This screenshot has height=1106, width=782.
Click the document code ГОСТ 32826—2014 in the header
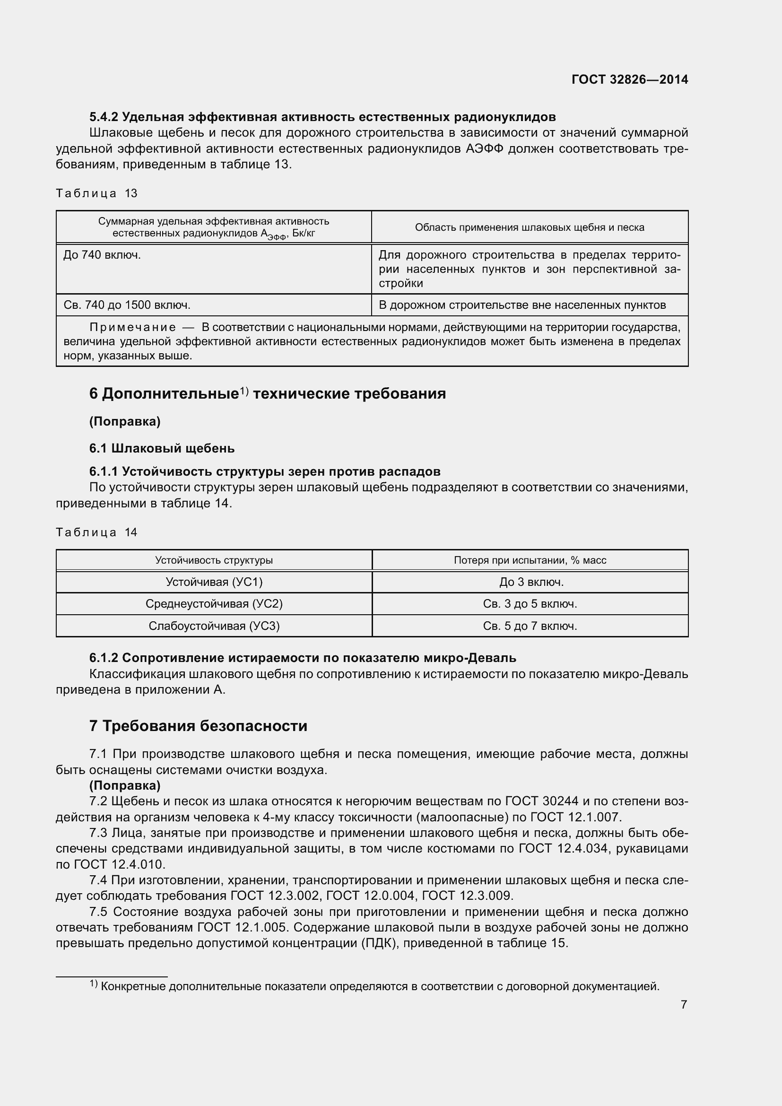629,79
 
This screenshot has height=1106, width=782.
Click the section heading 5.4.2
322,117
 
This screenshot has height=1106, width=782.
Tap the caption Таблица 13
97,194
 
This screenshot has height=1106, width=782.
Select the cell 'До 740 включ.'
102,255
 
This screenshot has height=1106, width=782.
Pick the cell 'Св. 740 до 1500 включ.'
127,305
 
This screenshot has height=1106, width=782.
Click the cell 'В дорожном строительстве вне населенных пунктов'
522,305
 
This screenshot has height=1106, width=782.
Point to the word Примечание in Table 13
133,328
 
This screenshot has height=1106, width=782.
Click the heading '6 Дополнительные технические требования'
267,393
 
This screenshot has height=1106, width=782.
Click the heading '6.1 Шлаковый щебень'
162,448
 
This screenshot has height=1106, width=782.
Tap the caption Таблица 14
97,532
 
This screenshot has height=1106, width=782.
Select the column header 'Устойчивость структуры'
214,560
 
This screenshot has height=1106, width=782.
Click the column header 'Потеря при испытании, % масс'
530,560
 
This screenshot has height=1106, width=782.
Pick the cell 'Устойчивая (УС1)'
214,583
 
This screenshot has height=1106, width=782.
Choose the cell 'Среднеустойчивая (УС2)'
214,604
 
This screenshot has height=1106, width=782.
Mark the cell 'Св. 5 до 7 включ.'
530,626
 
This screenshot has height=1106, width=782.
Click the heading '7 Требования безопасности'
198,726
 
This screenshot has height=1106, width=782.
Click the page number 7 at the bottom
684,1005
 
